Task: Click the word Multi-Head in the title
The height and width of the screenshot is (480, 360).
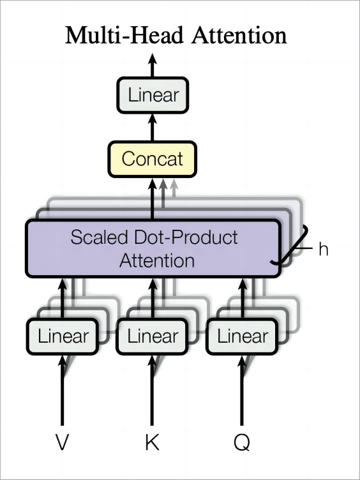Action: pyautogui.click(x=124, y=35)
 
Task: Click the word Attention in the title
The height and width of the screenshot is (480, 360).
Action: pyautogui.click(x=239, y=35)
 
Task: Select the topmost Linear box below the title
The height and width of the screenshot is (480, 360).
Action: pyautogui.click(x=153, y=95)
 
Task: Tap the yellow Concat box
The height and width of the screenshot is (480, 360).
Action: pyautogui.click(x=153, y=159)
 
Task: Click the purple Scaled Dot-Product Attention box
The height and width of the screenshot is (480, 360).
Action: pyautogui.click(x=153, y=248)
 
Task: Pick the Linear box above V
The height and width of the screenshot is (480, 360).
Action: pyautogui.click(x=63, y=336)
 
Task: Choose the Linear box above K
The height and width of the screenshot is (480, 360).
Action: pyautogui.click(x=152, y=336)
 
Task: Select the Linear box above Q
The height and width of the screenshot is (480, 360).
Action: pyautogui.click(x=242, y=336)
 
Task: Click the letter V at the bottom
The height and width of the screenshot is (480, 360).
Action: pyautogui.click(x=62, y=442)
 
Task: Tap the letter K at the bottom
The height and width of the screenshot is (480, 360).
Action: pyautogui.click(x=152, y=442)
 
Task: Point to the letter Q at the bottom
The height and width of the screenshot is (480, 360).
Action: pyautogui.click(x=242, y=442)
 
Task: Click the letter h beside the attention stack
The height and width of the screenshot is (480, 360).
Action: pyautogui.click(x=323, y=249)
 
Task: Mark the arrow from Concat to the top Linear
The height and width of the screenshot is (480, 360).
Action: pyautogui.click(x=153, y=128)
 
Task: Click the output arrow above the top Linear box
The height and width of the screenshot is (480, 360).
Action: pyautogui.click(x=153, y=65)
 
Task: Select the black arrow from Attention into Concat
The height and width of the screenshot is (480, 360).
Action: pyautogui.click(x=153, y=199)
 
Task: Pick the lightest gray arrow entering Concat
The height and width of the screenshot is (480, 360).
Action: pyautogui.click(x=174, y=188)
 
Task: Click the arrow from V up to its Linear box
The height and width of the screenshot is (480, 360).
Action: pyautogui.click(x=62, y=390)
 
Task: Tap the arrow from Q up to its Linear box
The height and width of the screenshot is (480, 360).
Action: pyautogui.click(x=242, y=390)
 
